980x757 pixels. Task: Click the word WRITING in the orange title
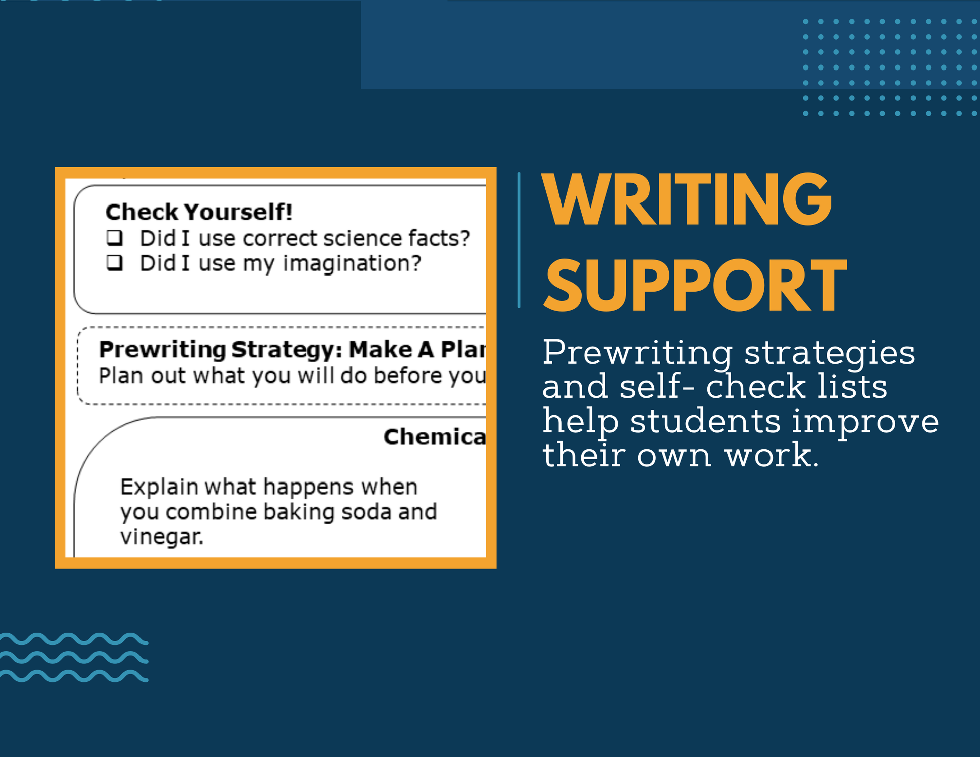tap(687, 200)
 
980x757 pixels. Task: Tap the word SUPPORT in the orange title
tap(694, 285)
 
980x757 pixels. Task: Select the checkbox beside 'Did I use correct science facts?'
tap(115, 237)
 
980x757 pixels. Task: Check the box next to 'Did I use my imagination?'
tap(115, 262)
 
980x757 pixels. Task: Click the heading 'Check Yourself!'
tap(199, 212)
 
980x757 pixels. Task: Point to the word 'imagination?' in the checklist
tap(352, 263)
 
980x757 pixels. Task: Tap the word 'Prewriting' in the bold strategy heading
tap(162, 350)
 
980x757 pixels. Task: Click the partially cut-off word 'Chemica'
tap(435, 437)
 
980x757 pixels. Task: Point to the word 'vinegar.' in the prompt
tap(162, 537)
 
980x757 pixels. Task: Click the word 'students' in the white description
tap(705, 421)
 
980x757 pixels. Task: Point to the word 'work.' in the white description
tap(772, 455)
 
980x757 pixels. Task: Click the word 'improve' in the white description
tap(865, 422)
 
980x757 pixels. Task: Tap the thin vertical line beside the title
tap(519, 240)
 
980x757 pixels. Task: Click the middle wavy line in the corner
tap(74, 658)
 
